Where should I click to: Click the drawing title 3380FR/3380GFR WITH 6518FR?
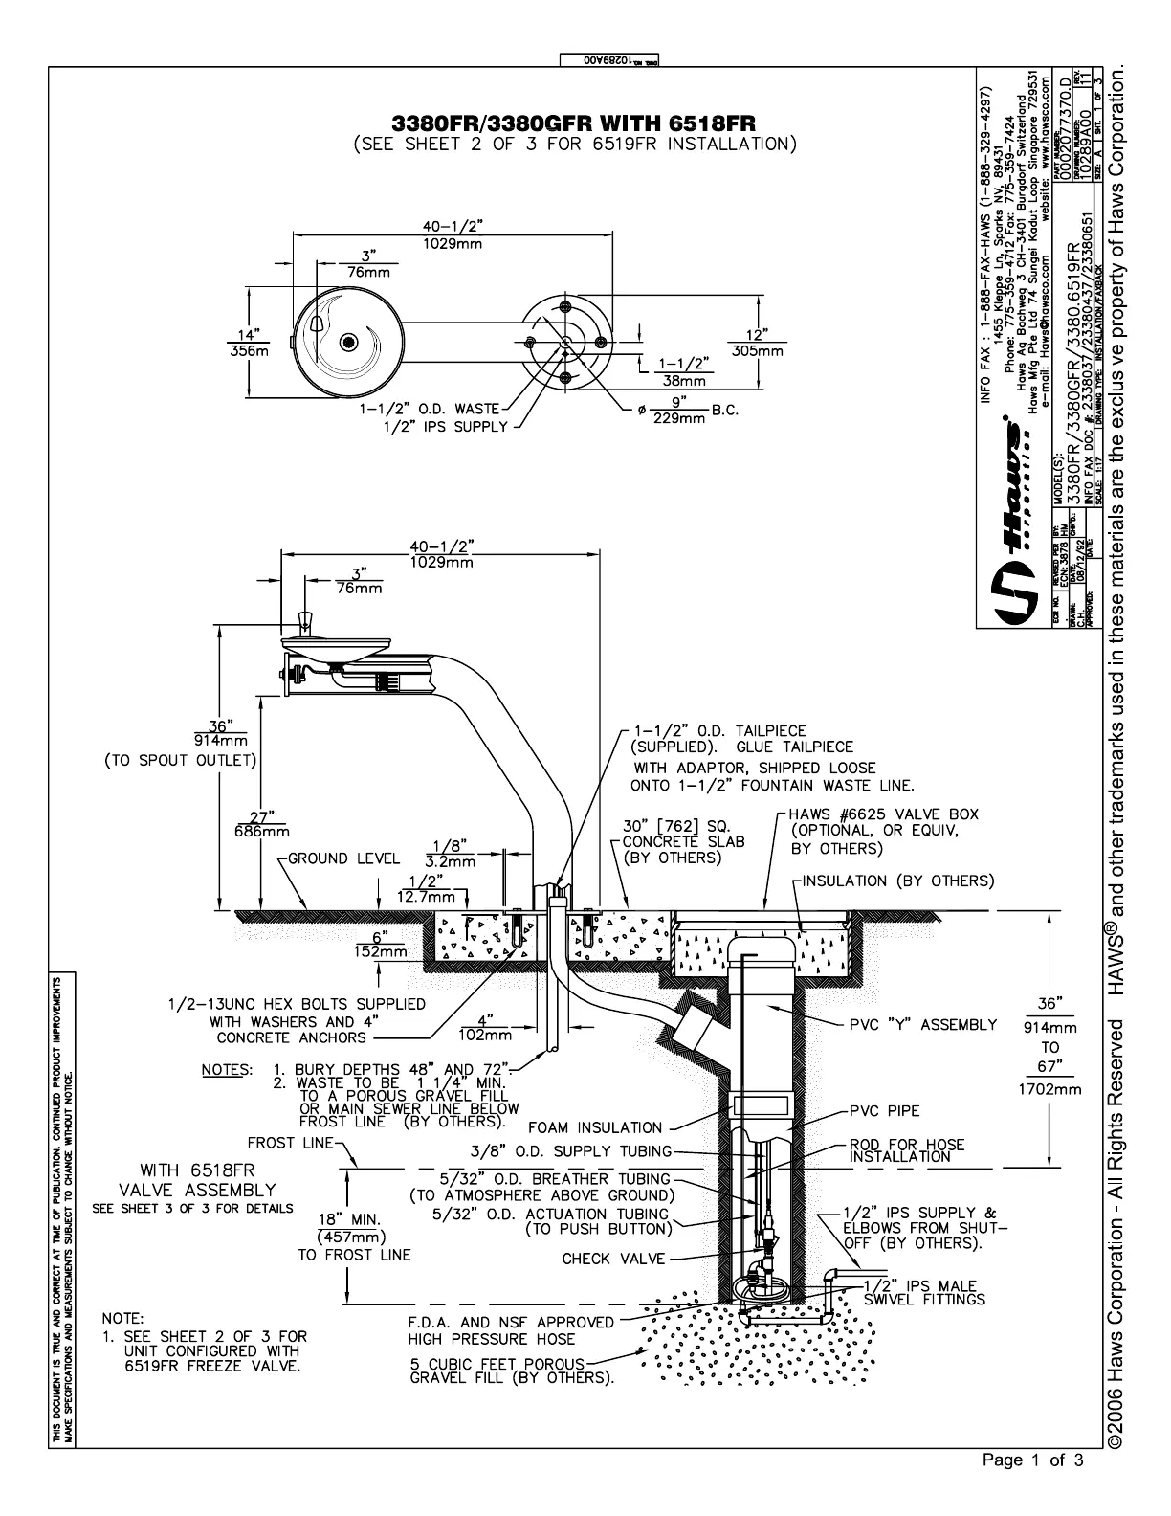574,124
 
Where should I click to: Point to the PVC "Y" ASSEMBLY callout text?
923,1025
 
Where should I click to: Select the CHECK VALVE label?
612,1259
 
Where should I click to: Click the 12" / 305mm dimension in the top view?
758,344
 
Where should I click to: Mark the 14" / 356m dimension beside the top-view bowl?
248,343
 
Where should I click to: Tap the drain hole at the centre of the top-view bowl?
348,343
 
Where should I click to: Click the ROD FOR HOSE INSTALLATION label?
907,1150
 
